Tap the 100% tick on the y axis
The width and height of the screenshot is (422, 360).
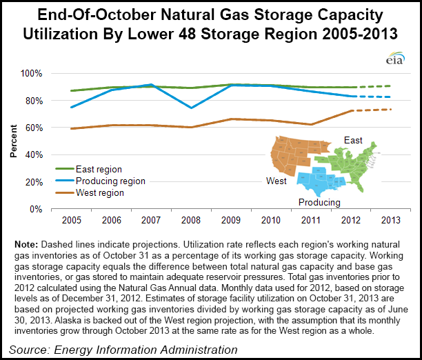31,73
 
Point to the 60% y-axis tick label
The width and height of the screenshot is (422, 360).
33,128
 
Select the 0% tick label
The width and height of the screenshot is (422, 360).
36,209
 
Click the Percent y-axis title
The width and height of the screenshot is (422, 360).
14,141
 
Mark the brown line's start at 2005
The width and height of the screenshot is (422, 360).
71,128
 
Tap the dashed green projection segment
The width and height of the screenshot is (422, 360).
372,86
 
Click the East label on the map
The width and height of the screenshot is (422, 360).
353,141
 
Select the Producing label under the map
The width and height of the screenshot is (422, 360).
319,202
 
